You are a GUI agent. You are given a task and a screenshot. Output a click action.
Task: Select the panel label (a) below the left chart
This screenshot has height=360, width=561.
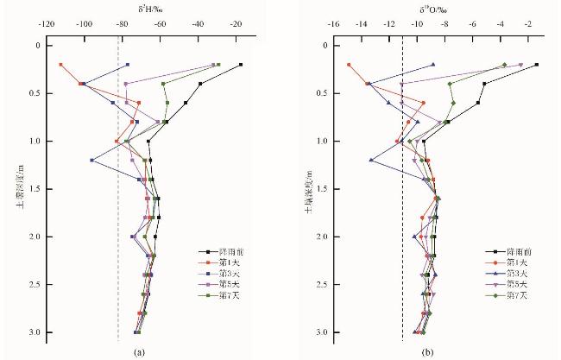coord(138,351)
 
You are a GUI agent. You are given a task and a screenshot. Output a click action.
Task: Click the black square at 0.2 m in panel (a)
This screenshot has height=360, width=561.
coord(241,65)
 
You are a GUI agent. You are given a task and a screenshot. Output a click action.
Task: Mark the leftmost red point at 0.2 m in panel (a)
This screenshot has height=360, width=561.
coord(60,65)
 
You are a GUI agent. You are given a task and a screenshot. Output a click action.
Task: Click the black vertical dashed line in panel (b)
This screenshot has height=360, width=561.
coord(403,216)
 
